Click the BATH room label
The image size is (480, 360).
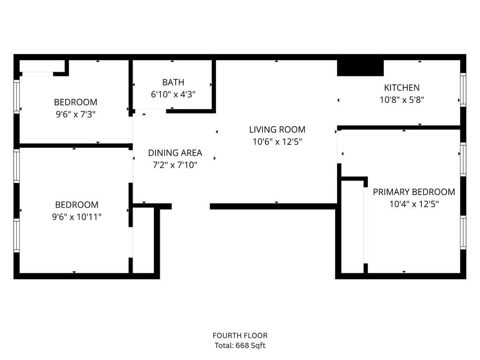[x=173, y=82]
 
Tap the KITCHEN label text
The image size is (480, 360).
[x=402, y=88]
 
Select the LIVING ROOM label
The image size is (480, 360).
[x=277, y=130]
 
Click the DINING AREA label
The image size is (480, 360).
[x=175, y=153]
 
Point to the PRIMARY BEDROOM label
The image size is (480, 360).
[x=413, y=192]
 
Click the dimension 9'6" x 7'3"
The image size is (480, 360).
[x=75, y=114]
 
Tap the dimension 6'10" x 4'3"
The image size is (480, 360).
[x=173, y=94]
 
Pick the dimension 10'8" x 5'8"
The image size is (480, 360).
[x=402, y=99]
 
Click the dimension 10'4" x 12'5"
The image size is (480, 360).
[x=413, y=204]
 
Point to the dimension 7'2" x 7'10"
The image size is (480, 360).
[x=175, y=165]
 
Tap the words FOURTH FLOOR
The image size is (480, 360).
[x=240, y=336]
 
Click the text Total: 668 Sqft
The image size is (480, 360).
[x=240, y=346]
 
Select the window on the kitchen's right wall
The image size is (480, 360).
[x=463, y=90]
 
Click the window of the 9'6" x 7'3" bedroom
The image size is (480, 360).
[x=17, y=96]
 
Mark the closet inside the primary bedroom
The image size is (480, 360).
[x=352, y=225]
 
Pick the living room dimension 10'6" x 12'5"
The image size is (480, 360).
[x=277, y=142]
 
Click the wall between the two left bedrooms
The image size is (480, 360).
[x=74, y=146]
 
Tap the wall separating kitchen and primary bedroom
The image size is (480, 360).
[x=398, y=127]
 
